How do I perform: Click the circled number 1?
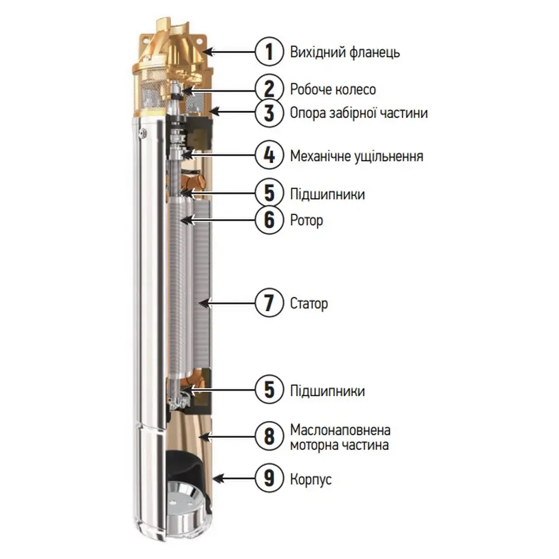(x=269, y=51)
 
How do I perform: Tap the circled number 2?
(x=269, y=89)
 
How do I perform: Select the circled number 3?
(x=269, y=113)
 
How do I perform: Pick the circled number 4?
(x=269, y=155)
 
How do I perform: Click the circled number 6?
(x=269, y=220)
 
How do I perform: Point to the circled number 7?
(x=269, y=303)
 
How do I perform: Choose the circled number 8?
(x=269, y=436)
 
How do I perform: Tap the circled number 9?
(x=269, y=478)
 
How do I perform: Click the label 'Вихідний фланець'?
(x=345, y=52)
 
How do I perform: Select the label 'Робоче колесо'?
(x=333, y=89)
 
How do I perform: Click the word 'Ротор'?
(x=306, y=220)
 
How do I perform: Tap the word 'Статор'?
(x=309, y=304)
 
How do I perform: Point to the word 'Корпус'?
(x=311, y=479)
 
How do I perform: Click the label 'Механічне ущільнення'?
(x=357, y=156)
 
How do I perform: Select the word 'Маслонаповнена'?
(x=340, y=430)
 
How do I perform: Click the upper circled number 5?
(x=269, y=193)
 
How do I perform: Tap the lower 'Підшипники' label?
(x=328, y=391)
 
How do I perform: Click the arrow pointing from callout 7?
(x=227, y=304)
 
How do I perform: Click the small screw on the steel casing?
(x=143, y=132)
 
